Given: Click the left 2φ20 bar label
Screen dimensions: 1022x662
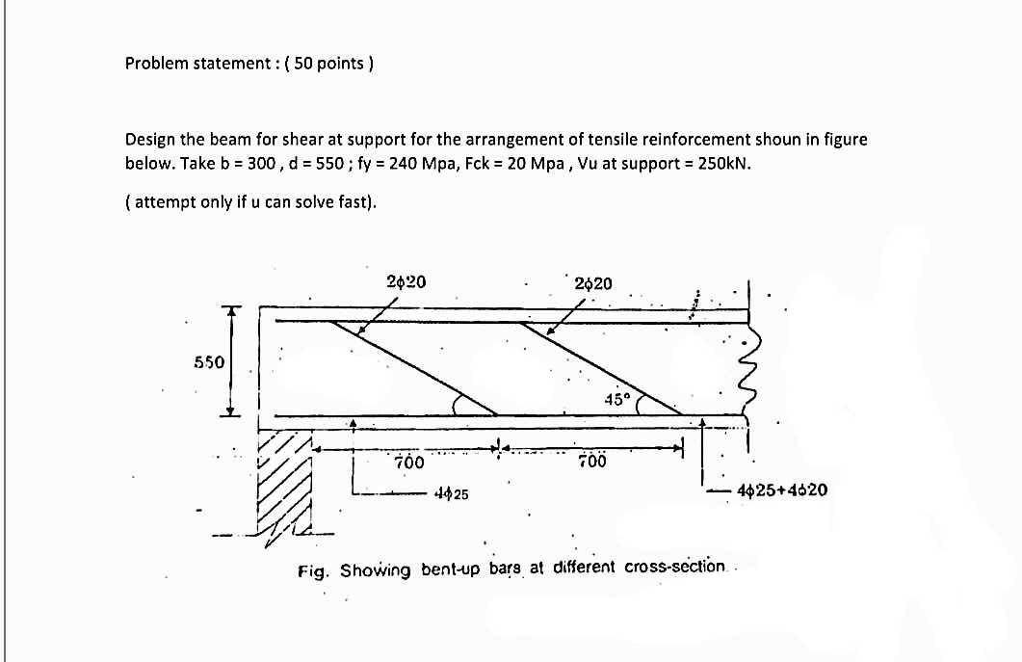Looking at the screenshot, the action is coord(406,282).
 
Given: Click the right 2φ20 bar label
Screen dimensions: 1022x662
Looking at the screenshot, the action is coord(592,283).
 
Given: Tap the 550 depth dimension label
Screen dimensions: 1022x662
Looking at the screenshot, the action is coord(209,362).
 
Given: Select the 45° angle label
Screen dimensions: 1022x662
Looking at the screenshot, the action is coord(616,399).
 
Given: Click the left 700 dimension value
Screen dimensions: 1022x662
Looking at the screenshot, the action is coord(409,463).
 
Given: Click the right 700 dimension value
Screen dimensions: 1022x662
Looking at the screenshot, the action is coord(592,462).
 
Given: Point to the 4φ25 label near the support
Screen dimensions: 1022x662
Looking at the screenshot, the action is coord(451,494).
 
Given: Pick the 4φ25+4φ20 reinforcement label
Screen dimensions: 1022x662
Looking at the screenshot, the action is coord(781,490).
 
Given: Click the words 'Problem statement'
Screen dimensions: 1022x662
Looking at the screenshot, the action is coord(187,64).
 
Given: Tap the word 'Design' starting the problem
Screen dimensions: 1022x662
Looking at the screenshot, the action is coord(149,139).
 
